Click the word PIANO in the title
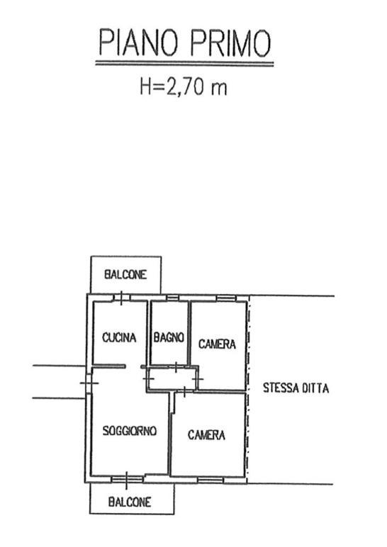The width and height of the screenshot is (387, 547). click(138, 43)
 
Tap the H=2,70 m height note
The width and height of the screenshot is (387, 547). click(183, 86)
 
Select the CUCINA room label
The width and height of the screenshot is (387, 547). click(119, 337)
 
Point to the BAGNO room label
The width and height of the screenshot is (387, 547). click(169, 337)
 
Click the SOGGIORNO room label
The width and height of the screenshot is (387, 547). click(130, 431)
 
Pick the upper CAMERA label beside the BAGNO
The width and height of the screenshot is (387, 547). click(217, 344)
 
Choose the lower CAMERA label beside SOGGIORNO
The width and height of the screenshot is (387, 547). click(206, 434)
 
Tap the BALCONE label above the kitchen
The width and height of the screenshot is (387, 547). click(125, 274)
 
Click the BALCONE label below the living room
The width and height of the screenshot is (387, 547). click(130, 502)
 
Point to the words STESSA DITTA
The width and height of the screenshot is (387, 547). click(296, 388)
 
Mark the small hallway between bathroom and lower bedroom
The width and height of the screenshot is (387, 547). click(172, 378)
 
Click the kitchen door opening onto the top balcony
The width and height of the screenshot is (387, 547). click(121, 298)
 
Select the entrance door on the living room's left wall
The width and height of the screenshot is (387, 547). click(89, 383)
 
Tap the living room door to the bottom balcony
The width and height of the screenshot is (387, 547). click(127, 479)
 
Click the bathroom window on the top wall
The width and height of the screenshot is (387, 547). click(172, 298)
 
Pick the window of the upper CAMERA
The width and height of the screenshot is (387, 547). click(226, 298)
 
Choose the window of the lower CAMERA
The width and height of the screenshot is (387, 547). click(211, 480)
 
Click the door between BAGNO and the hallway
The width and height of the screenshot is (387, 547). click(176, 367)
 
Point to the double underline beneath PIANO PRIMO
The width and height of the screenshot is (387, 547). click(184, 64)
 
